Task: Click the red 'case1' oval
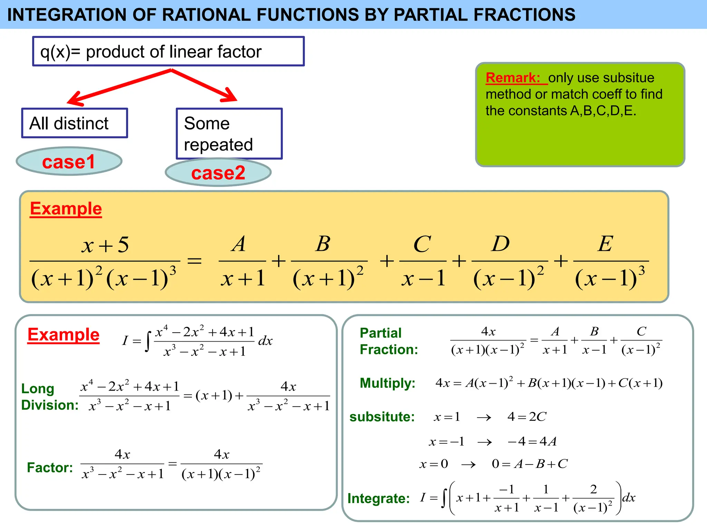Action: pos(69,161)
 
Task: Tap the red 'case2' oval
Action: pos(218,173)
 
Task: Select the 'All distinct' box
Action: pos(75,123)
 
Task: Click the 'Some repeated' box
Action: pos(229,134)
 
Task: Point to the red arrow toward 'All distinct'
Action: pos(117,87)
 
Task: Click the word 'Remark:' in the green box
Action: pos(513,78)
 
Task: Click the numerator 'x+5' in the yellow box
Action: pos(105,245)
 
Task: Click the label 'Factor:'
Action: pos(50,468)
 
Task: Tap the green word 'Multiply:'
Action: pos(387,383)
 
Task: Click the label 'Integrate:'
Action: pos(378,498)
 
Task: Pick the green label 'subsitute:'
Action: pos(382,417)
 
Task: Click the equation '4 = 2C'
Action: pos(527,417)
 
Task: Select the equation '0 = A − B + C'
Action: pos(530,464)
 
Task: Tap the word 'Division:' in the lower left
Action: pos(50,405)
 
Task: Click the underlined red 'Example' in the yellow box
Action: pos(66,209)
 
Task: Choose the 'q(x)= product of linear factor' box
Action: pos(168,51)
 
